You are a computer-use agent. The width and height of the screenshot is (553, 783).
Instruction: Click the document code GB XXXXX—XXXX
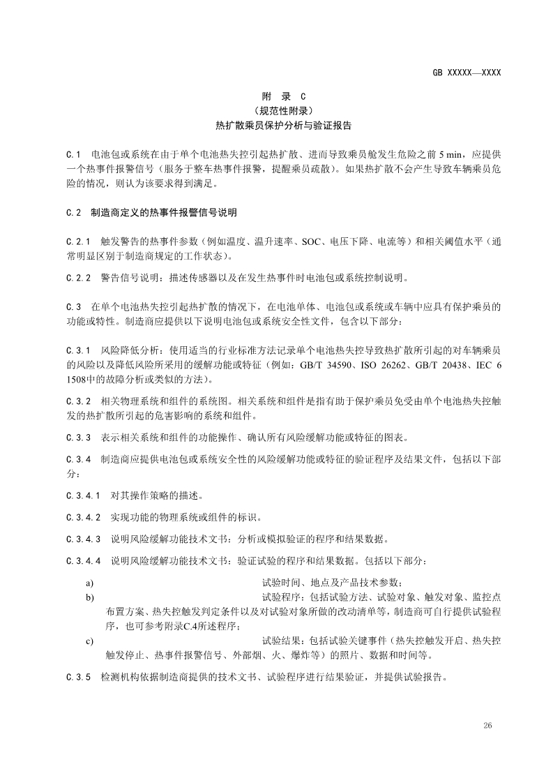[x=467, y=72]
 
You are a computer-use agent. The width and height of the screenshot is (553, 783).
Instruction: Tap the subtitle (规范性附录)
[x=283, y=110]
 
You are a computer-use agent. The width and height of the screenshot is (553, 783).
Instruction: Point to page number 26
[x=487, y=726]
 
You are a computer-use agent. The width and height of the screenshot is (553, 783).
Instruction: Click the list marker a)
[x=90, y=583]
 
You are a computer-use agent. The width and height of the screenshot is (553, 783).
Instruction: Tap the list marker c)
[x=90, y=640]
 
